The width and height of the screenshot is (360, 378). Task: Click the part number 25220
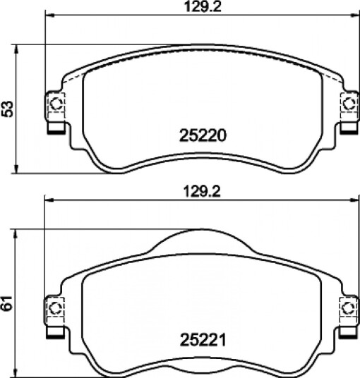(x=203, y=135)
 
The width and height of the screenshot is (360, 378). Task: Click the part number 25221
(x=203, y=340)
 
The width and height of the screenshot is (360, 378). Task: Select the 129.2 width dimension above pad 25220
(x=203, y=7)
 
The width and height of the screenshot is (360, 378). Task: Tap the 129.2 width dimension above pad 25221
(x=202, y=192)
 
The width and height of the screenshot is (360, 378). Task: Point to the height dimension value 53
(x=7, y=109)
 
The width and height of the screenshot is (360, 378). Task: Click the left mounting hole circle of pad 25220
(x=56, y=104)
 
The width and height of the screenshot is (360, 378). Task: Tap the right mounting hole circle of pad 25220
(x=349, y=104)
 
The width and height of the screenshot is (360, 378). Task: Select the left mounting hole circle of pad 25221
(x=56, y=308)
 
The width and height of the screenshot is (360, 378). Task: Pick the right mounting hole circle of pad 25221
(x=349, y=308)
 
